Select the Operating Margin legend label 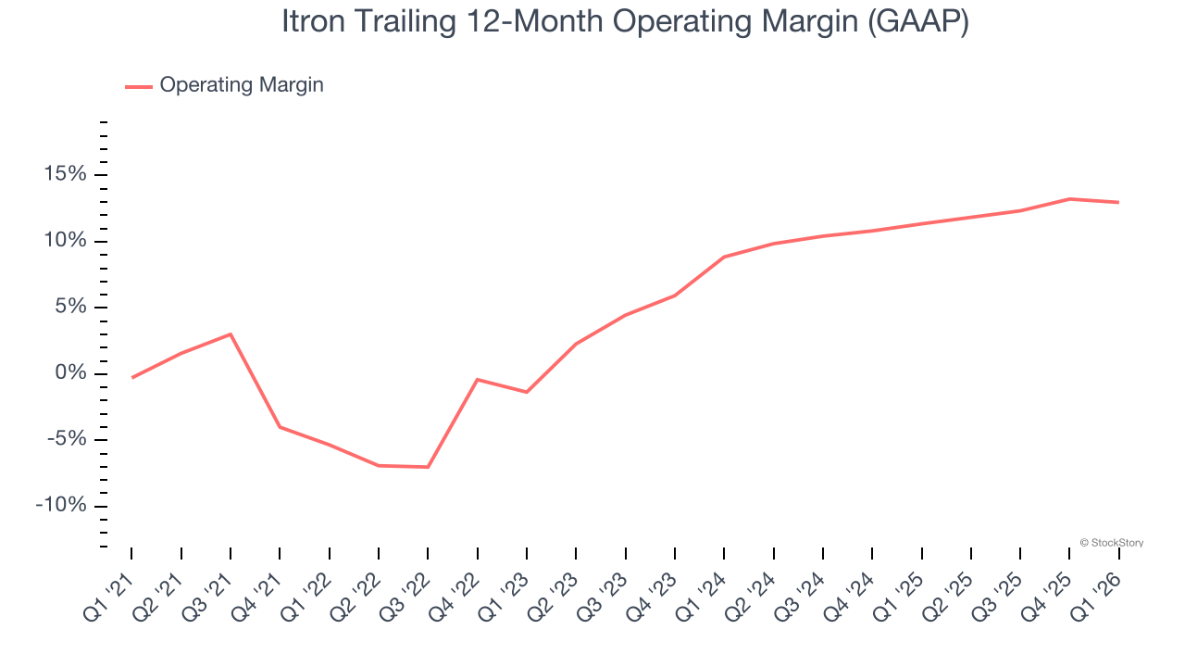coord(242,85)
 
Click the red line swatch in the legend coord(139,86)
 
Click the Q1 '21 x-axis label coord(108,593)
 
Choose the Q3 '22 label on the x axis coord(405,593)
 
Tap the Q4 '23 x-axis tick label coord(652,593)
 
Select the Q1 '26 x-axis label coord(1096,593)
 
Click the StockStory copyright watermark coord(1111,543)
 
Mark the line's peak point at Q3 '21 coord(231,333)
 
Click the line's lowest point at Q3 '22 coord(428,467)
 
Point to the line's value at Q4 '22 coord(477,379)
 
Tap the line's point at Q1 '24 coord(724,257)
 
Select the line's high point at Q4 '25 coord(1069,199)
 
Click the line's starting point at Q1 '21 coord(132,378)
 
